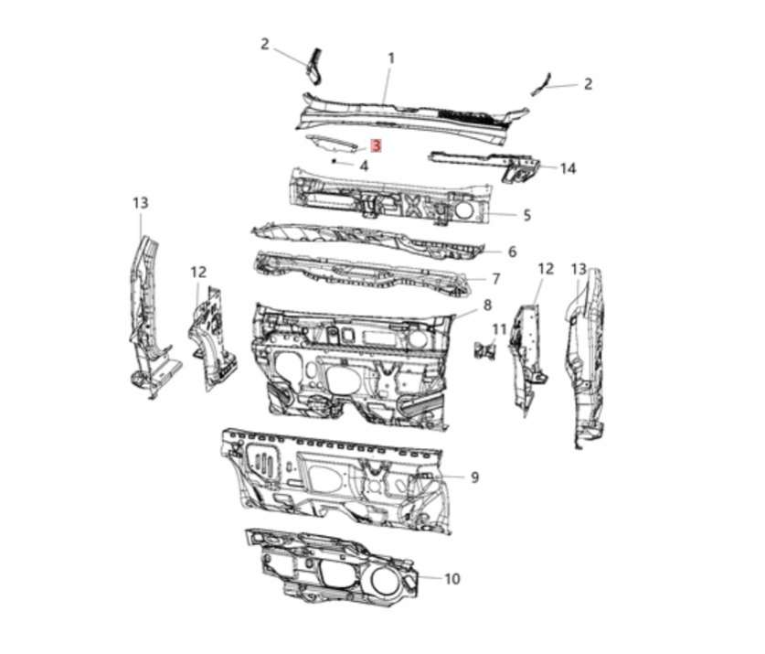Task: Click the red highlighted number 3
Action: point(376,145)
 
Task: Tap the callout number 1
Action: point(391,59)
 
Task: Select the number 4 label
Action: point(364,166)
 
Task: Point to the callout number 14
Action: point(568,168)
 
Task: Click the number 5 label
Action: point(527,215)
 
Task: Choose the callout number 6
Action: point(512,252)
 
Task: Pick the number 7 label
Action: point(496,279)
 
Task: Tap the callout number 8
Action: point(487,306)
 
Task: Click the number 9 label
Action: point(475,477)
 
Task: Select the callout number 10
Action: point(452,579)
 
